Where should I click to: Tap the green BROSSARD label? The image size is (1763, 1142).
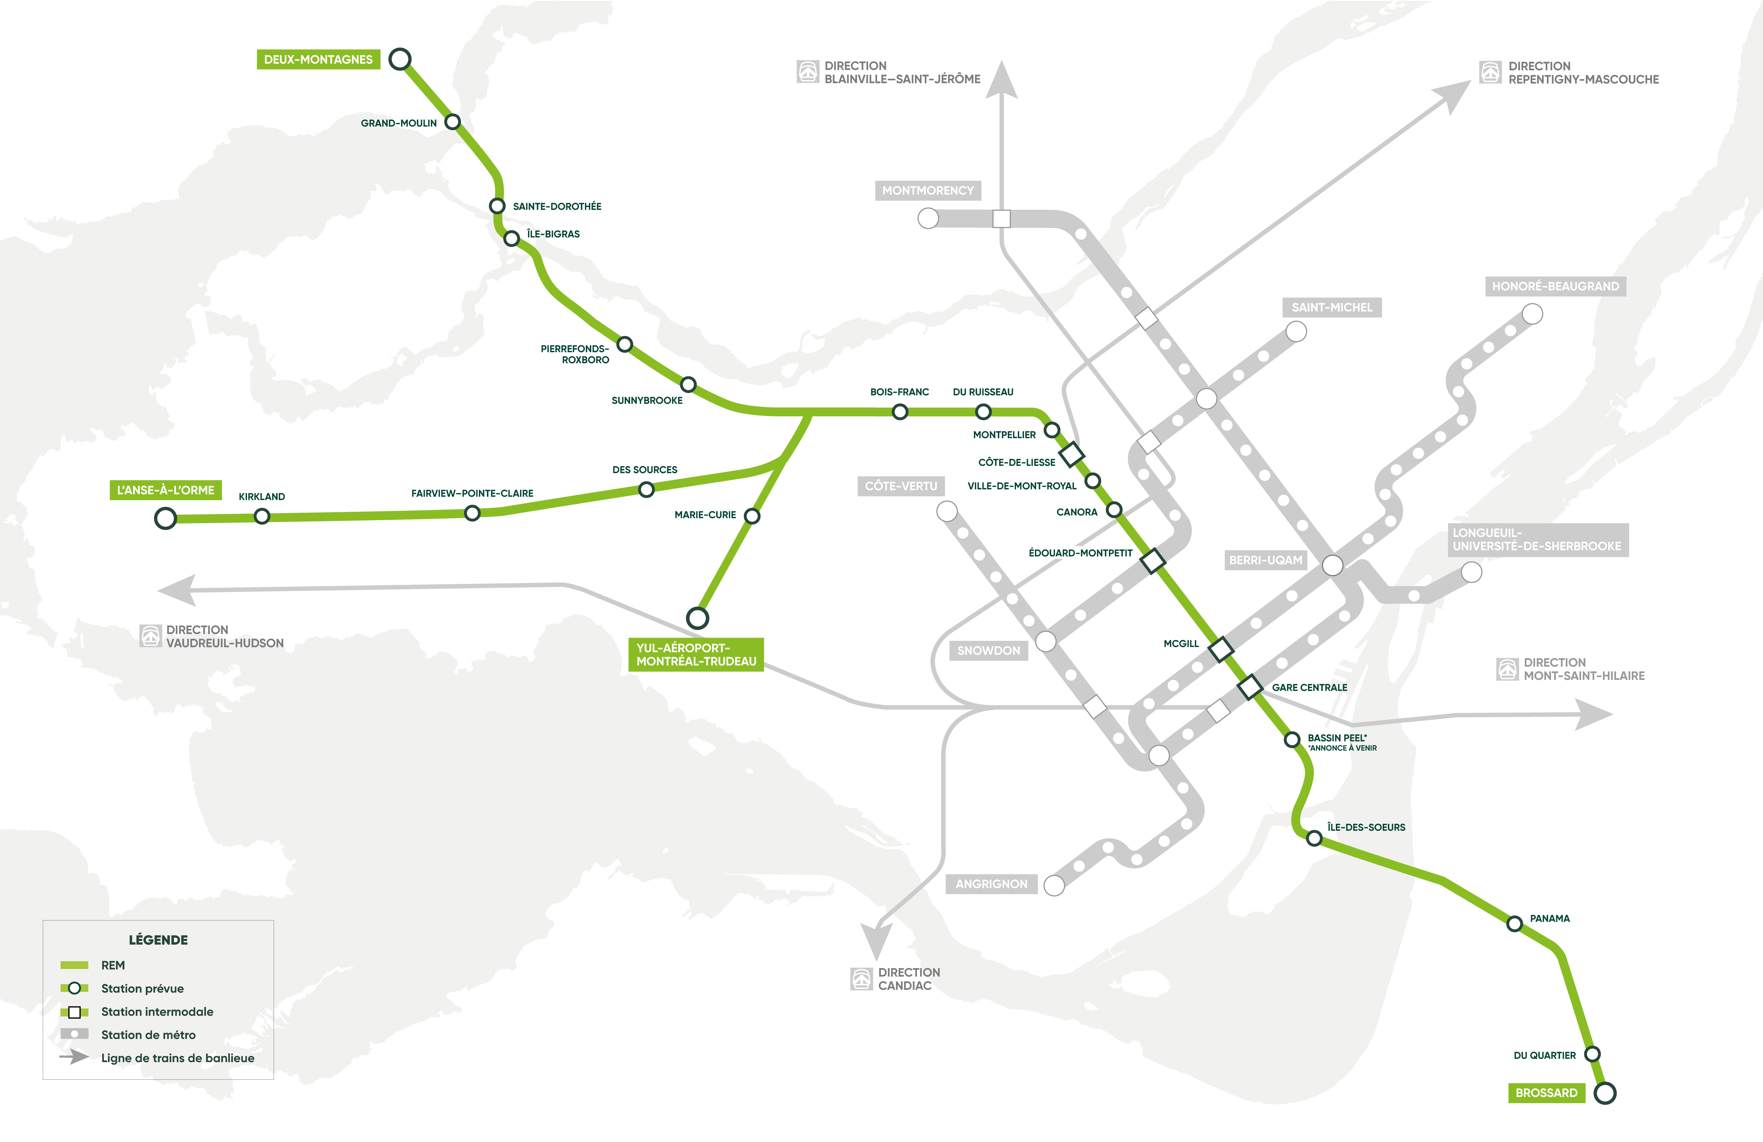[x=1546, y=1093]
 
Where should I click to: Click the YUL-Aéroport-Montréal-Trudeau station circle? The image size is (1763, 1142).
[x=697, y=618]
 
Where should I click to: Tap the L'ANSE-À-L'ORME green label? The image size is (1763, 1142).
[x=165, y=490]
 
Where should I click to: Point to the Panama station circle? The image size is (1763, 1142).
[x=1515, y=924]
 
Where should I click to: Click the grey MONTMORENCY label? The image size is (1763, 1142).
[x=928, y=190]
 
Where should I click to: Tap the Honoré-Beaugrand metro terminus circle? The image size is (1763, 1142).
[x=1532, y=314]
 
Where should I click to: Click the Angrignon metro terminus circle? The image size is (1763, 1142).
[x=1053, y=885]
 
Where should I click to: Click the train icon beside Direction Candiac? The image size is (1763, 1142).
[x=861, y=979]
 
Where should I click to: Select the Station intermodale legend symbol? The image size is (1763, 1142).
[x=74, y=1012]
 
